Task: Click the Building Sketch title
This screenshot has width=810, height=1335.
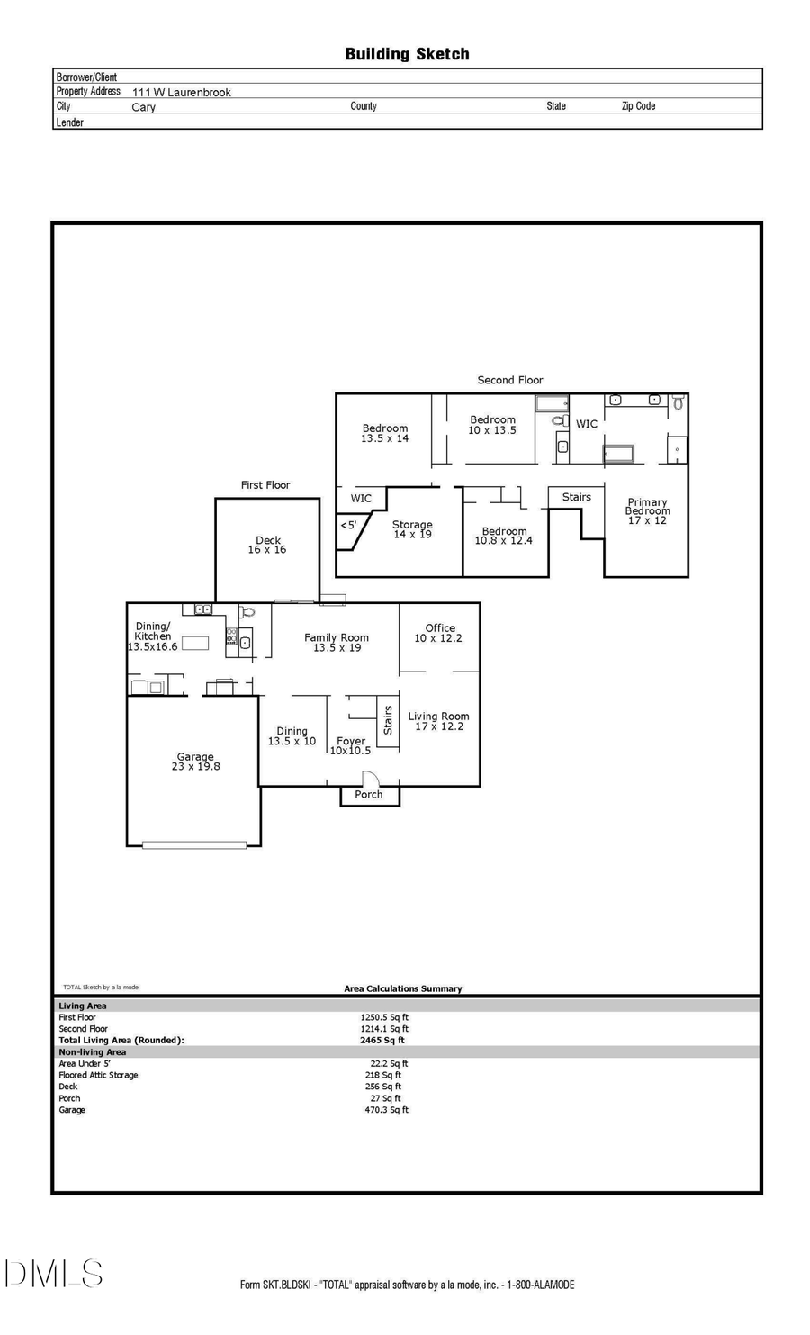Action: click(x=407, y=54)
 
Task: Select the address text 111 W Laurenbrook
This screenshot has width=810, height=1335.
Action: click(x=182, y=92)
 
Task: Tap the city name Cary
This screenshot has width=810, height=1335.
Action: click(x=144, y=107)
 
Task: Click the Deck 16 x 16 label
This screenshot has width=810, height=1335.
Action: click(x=267, y=546)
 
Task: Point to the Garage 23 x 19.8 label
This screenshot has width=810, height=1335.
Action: click(x=195, y=762)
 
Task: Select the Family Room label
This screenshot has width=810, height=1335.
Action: click(x=337, y=642)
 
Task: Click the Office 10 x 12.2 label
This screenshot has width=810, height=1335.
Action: click(x=439, y=633)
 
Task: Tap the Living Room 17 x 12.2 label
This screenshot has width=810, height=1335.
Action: click(x=438, y=721)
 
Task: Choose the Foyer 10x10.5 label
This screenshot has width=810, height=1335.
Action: click(x=351, y=746)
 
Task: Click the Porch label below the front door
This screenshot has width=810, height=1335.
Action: click(x=369, y=795)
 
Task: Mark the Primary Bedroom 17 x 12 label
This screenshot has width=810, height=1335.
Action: click(x=647, y=511)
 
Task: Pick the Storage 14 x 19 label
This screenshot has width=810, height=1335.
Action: click(x=412, y=529)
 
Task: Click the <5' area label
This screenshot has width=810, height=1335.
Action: click(x=348, y=525)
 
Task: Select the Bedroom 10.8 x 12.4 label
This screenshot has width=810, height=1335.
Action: click(x=504, y=536)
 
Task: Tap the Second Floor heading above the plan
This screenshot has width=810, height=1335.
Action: click(x=510, y=380)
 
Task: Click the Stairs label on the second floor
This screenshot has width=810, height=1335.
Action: click(x=577, y=497)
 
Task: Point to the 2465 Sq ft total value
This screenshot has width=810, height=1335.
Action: click(x=382, y=1040)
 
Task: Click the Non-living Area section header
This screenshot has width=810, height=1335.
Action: click(x=93, y=1051)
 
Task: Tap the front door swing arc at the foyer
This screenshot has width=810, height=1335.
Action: click(x=370, y=779)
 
